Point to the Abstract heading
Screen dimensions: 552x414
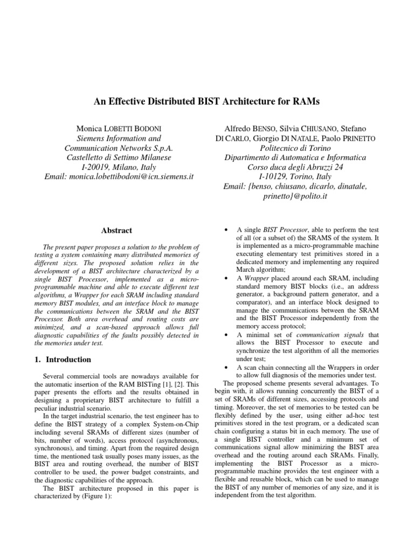click(118, 230)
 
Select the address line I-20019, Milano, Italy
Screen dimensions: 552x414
click(118, 167)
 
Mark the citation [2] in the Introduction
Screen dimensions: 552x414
click(177, 384)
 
